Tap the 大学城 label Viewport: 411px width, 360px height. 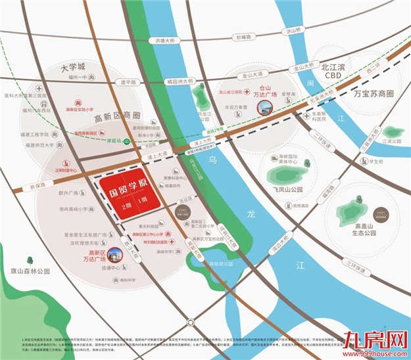[x=73, y=67]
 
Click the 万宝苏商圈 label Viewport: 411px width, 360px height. [x=377, y=95]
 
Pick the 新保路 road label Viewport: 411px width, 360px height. [x=39, y=186]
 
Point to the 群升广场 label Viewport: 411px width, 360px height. [x=68, y=193]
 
